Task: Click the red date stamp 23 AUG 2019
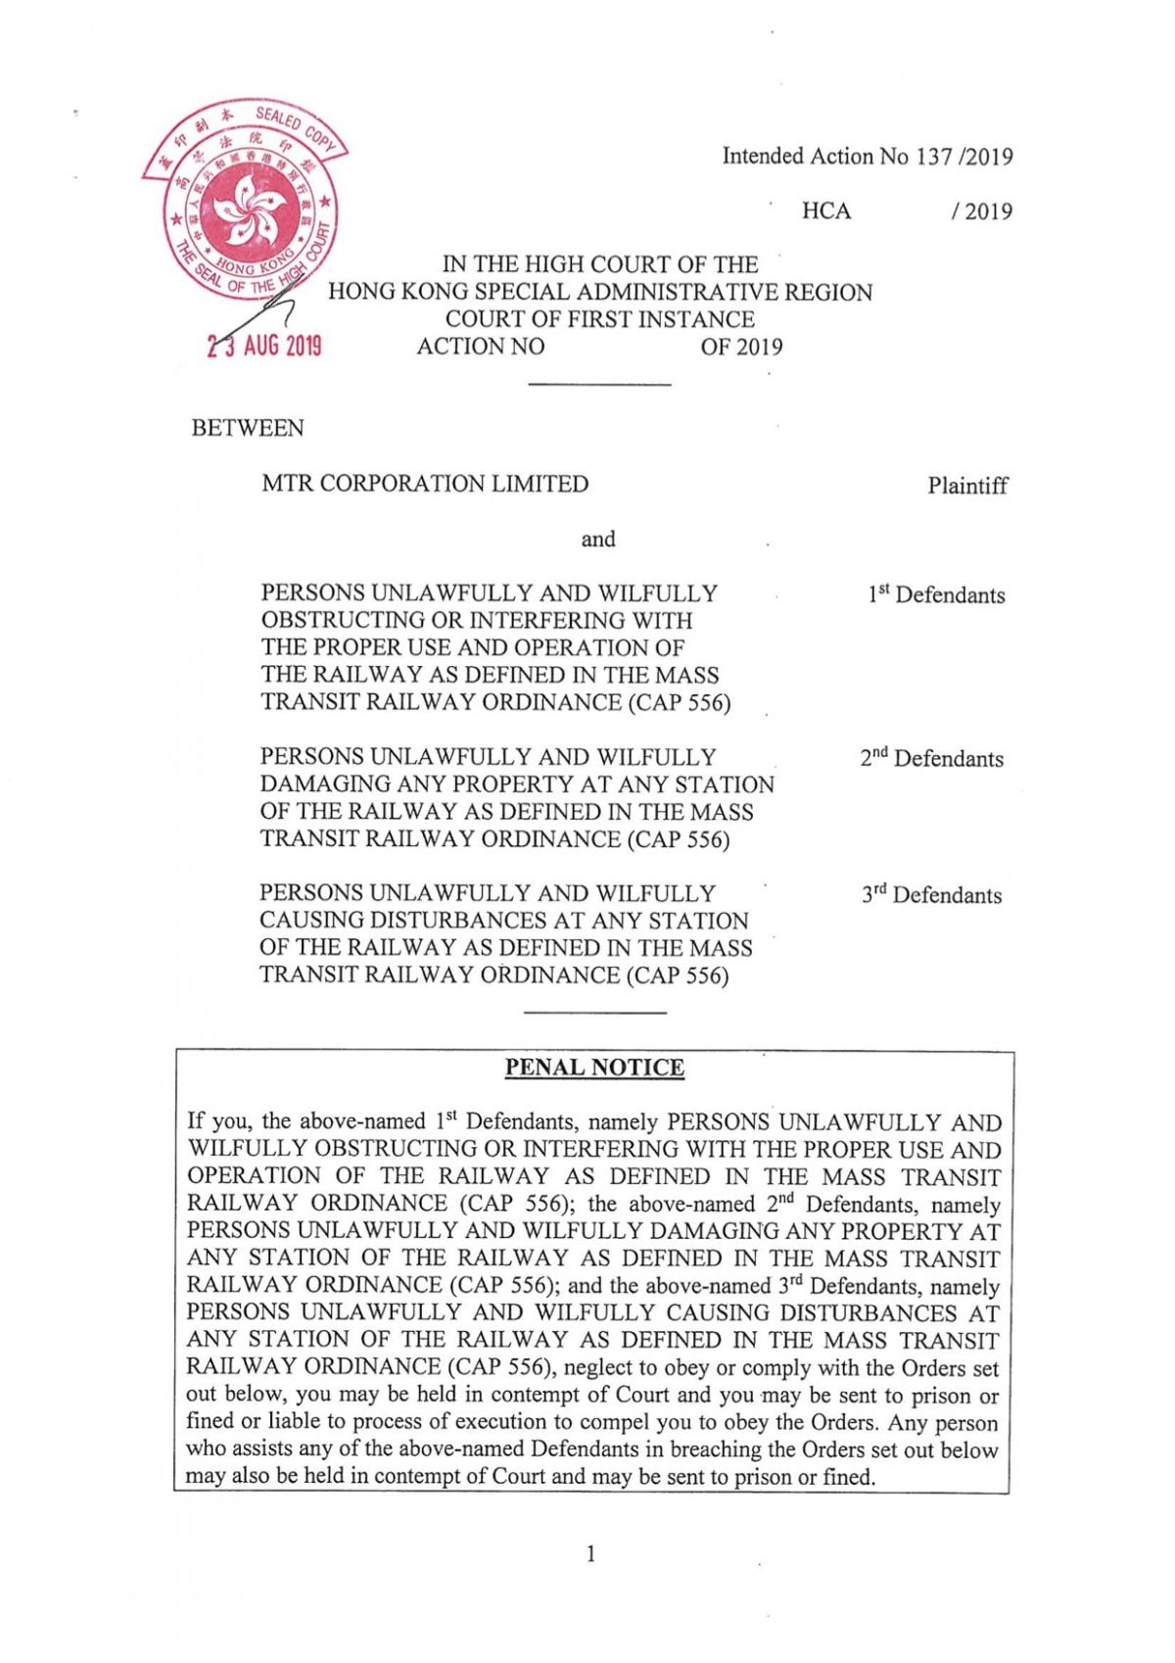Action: pyautogui.click(x=264, y=346)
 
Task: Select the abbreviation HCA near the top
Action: pyautogui.click(x=826, y=212)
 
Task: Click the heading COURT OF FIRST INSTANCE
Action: pyautogui.click(x=599, y=319)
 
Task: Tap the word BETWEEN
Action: pyautogui.click(x=248, y=428)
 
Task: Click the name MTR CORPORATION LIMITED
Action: pyautogui.click(x=425, y=484)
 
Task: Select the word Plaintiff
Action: pyautogui.click(x=967, y=486)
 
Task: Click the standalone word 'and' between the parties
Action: pyautogui.click(x=598, y=539)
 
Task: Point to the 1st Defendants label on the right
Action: pyautogui.click(x=936, y=594)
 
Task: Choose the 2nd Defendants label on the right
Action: pyautogui.click(x=932, y=758)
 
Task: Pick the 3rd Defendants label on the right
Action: pyautogui.click(x=932, y=895)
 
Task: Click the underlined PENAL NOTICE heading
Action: pyautogui.click(x=594, y=1068)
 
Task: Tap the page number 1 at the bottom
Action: pyautogui.click(x=590, y=1553)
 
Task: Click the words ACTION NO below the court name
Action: pyautogui.click(x=481, y=347)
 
